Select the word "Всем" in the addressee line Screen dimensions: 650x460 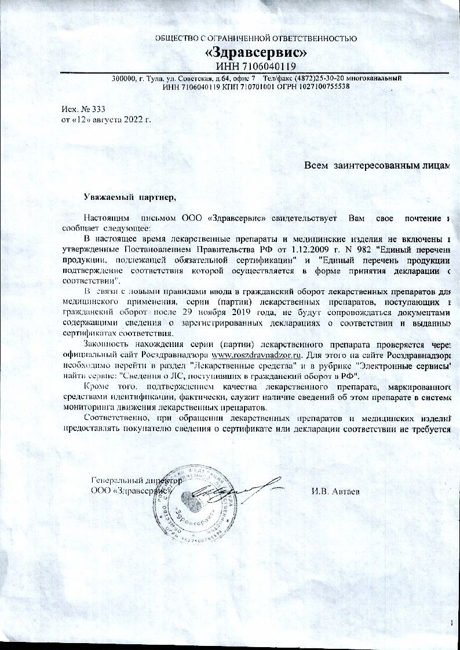317,166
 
